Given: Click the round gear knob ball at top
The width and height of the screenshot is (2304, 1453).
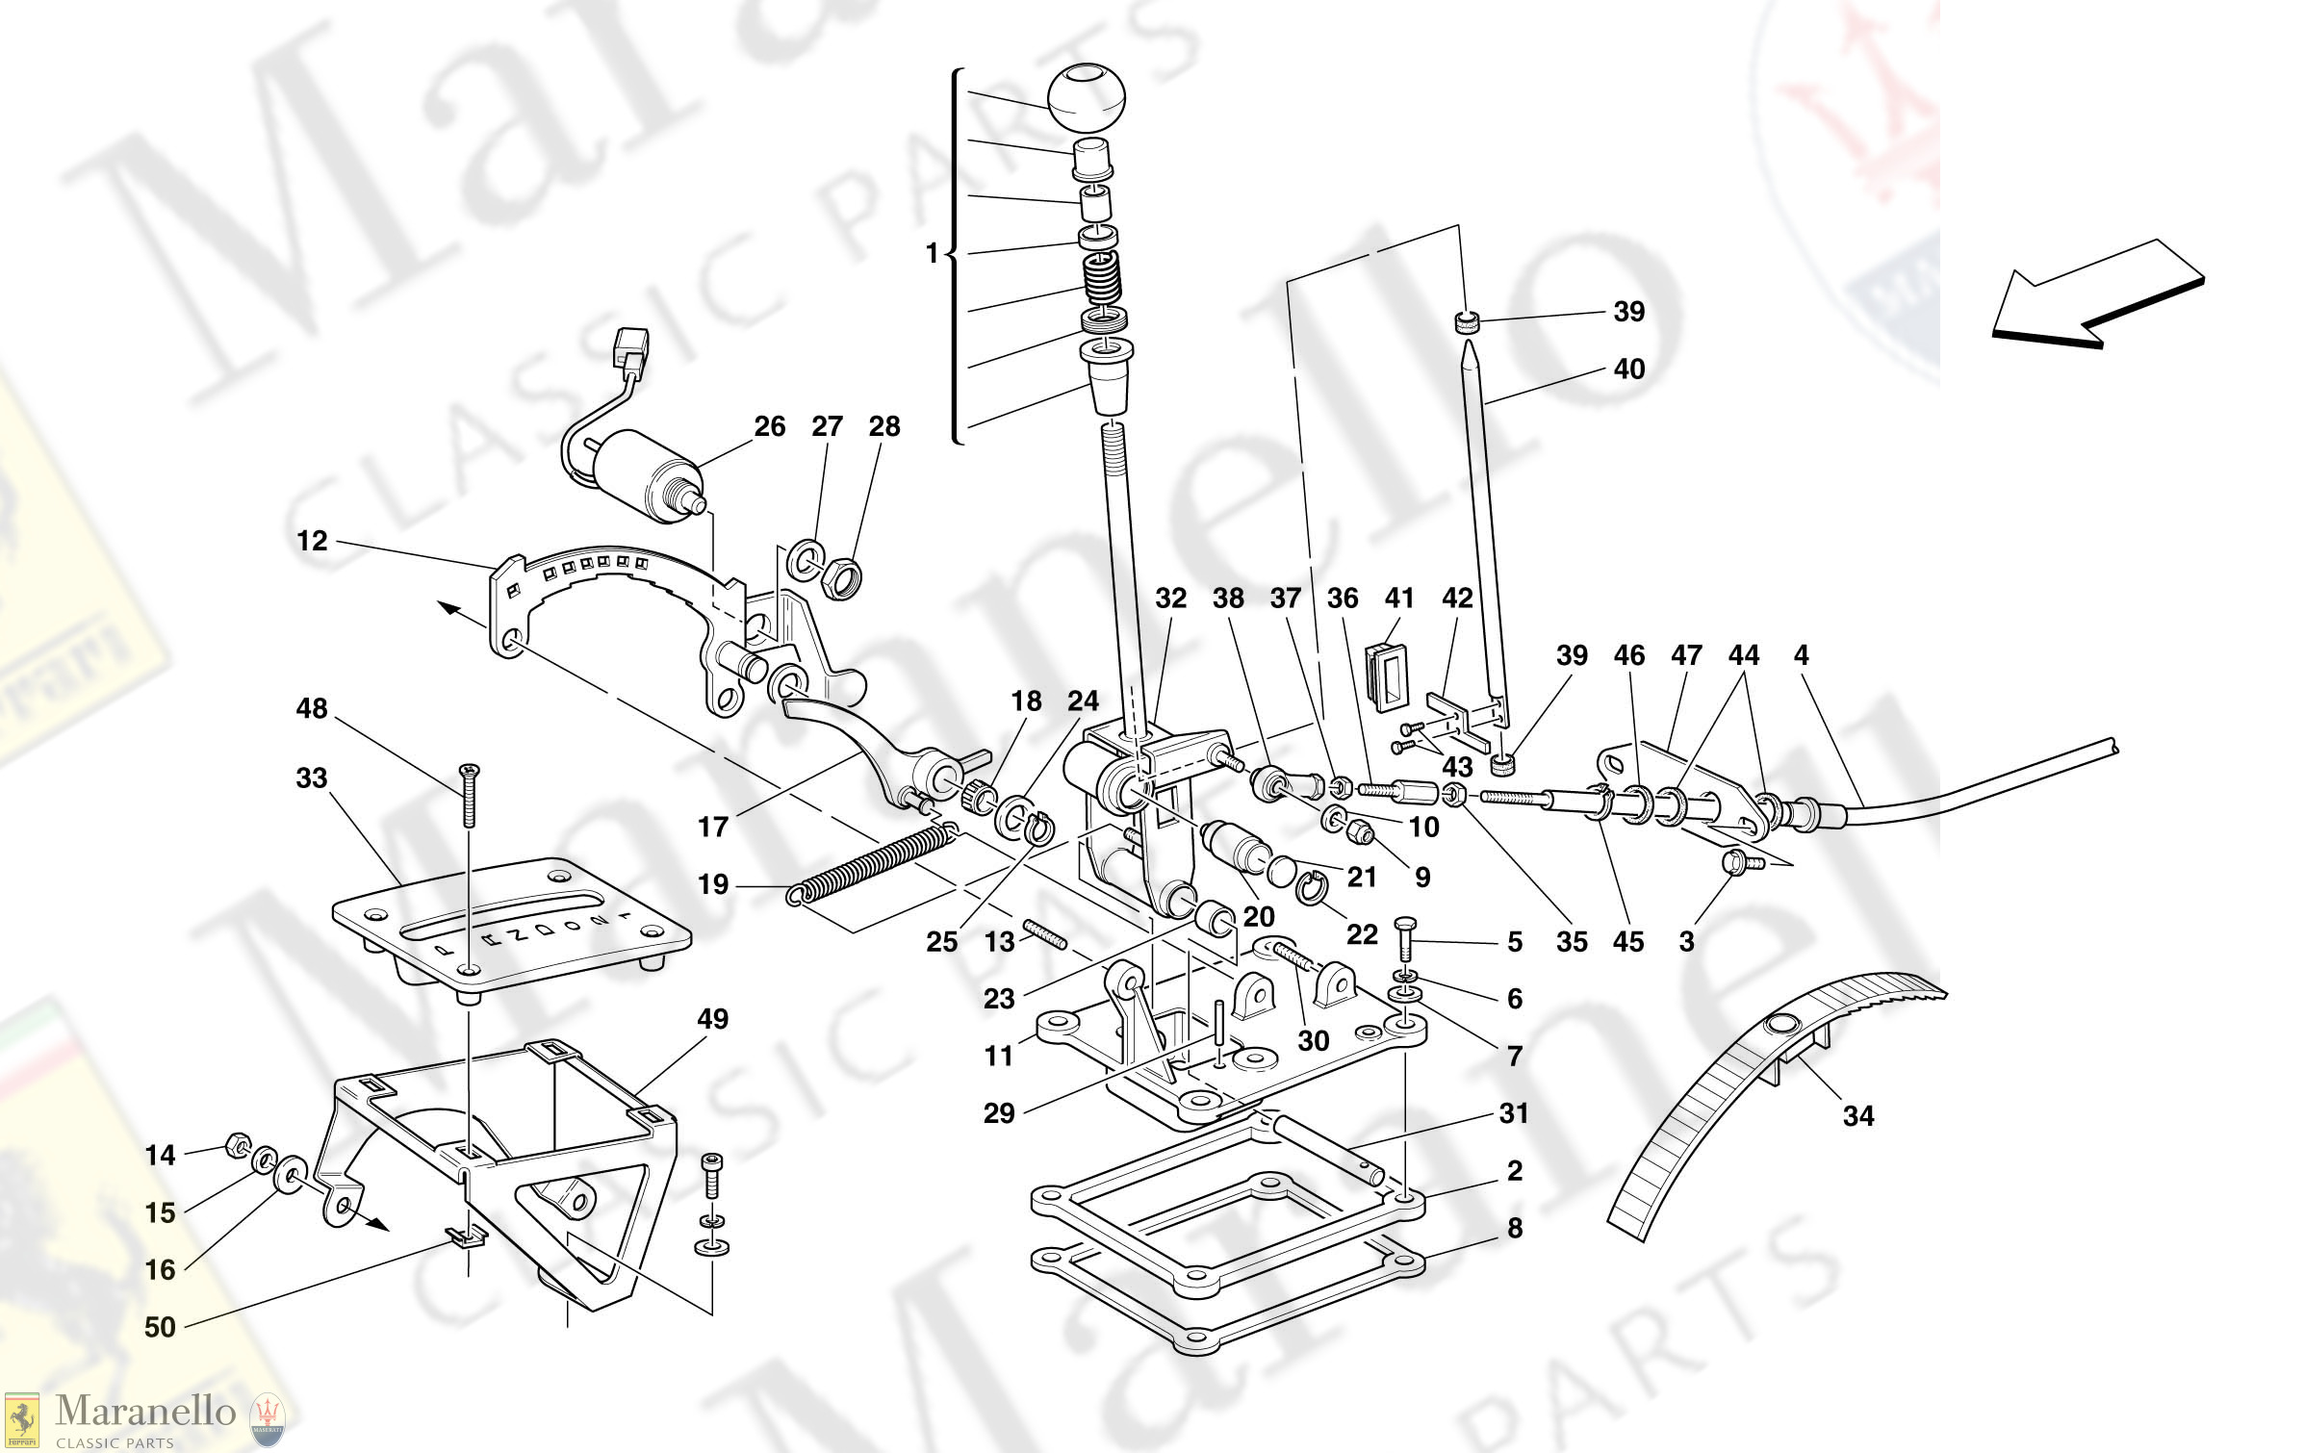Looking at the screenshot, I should click(x=1086, y=97).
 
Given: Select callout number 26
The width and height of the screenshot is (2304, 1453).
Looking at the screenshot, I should click(x=769, y=426).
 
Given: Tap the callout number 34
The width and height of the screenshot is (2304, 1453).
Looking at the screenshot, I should click(x=1857, y=1116).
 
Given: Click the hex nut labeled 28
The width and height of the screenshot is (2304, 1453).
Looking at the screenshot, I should click(x=843, y=577).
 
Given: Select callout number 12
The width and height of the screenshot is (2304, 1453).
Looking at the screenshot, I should click(x=312, y=541).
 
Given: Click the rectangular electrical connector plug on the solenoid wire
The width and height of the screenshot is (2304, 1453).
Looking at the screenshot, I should click(x=631, y=348).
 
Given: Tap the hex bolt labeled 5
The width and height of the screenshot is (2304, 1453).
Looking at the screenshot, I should click(x=1404, y=937).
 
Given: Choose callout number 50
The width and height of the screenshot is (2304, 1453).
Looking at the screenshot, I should click(x=160, y=1327).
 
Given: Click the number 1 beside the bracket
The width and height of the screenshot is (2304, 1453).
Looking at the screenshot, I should click(x=931, y=253).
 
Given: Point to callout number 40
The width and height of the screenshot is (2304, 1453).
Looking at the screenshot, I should click(x=1628, y=369).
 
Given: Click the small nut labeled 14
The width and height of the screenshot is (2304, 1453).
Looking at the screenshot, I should click(x=235, y=1146).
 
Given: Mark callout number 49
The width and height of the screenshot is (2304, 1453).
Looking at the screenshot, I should click(x=712, y=1019).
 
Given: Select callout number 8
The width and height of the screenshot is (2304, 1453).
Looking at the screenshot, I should click(x=1514, y=1228).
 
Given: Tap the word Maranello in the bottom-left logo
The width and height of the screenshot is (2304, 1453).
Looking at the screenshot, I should click(x=145, y=1412).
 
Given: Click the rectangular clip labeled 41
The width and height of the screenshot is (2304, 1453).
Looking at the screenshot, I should click(x=1385, y=676).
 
